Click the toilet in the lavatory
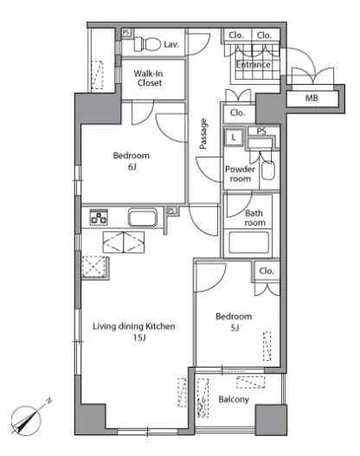pyautogui.click(x=147, y=44)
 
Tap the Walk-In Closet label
pyautogui.click(x=149, y=78)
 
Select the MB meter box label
pyautogui.click(x=312, y=98)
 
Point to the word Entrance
pyautogui.click(x=253, y=64)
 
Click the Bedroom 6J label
pyautogui.click(x=132, y=161)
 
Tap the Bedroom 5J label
pyautogui.click(x=234, y=322)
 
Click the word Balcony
pyautogui.click(x=234, y=400)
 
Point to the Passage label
pyautogui.click(x=203, y=134)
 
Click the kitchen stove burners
pyautogui.click(x=99, y=217)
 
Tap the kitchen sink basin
pyautogui.click(x=143, y=217)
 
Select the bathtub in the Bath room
pyautogui.click(x=248, y=242)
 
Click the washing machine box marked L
pyautogui.click(x=234, y=137)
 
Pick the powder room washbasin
pyautogui.click(x=267, y=170)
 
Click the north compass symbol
pyautogui.click(x=29, y=418)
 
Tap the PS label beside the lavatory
pyautogui.click(x=125, y=32)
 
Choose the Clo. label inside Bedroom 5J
pyautogui.click(x=267, y=271)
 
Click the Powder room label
pyautogui.click(x=240, y=174)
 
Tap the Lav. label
pyautogui.click(x=171, y=44)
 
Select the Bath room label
pyautogui.click(x=254, y=218)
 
